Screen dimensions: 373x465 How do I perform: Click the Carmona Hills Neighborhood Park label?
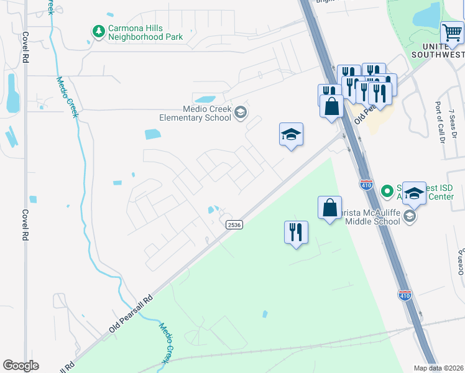145,32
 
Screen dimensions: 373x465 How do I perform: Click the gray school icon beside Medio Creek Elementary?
241,113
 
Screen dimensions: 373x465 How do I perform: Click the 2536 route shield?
234,224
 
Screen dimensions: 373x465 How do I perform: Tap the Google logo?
21,366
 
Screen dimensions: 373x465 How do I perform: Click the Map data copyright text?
439,368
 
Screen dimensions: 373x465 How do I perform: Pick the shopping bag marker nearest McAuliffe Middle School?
330,207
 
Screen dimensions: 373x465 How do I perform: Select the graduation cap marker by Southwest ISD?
414,193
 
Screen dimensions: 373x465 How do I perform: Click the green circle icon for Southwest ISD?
387,189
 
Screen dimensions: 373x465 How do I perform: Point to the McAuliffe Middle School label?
370,216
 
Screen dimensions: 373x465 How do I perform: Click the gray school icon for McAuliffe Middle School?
409,216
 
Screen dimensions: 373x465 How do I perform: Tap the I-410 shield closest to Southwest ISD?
366,184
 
